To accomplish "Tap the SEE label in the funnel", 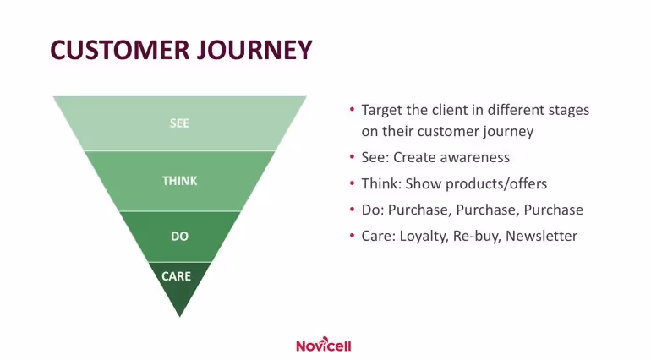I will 179,123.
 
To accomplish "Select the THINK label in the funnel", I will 179,181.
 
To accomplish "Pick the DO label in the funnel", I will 179,237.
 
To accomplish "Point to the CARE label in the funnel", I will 177,276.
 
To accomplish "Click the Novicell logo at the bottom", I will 324,345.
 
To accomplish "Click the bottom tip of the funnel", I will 180,315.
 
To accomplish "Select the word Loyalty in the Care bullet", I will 422,236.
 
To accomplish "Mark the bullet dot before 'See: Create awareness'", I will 352,158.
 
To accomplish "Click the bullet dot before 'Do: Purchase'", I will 352,210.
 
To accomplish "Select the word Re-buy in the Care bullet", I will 476,236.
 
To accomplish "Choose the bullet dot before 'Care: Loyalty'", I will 352,237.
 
